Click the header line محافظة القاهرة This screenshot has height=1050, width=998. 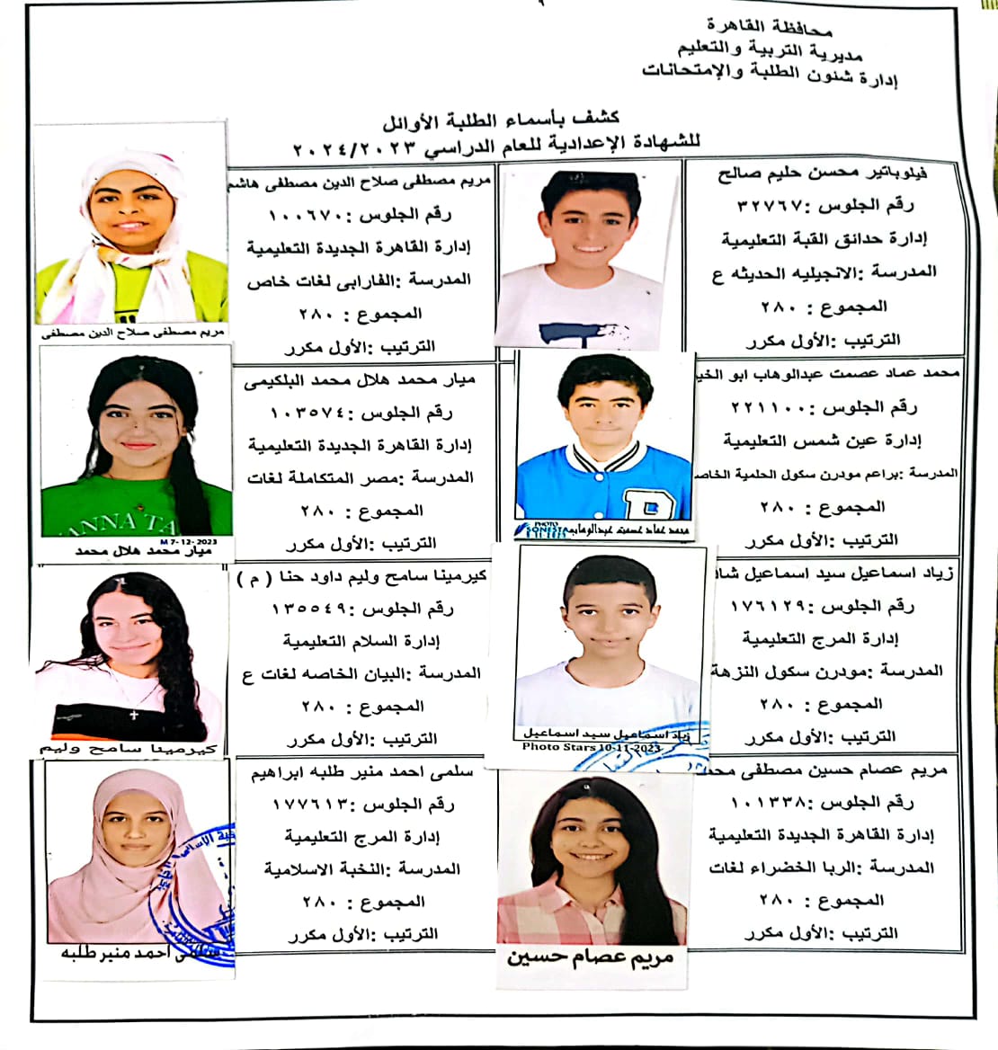pos(769,26)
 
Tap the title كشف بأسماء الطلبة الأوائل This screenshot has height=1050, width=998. pos(501,118)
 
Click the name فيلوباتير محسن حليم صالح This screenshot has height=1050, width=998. pos(823,173)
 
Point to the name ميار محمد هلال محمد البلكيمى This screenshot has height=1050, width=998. pos(360,381)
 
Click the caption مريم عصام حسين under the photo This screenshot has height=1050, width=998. pos(590,957)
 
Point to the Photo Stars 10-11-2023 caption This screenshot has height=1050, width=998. pos(592,747)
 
